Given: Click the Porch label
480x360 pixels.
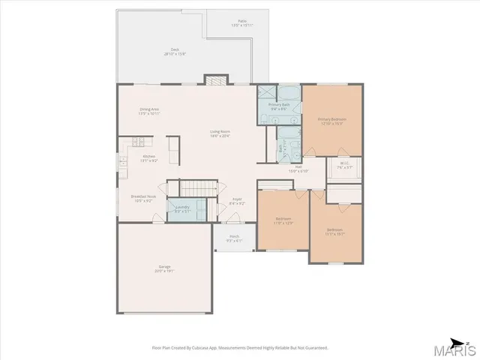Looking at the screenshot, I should (234, 238).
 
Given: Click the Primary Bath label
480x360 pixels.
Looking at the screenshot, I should (279, 106).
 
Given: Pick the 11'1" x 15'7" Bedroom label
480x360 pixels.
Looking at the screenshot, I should (334, 231).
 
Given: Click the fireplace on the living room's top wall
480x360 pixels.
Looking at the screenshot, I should (216, 79).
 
